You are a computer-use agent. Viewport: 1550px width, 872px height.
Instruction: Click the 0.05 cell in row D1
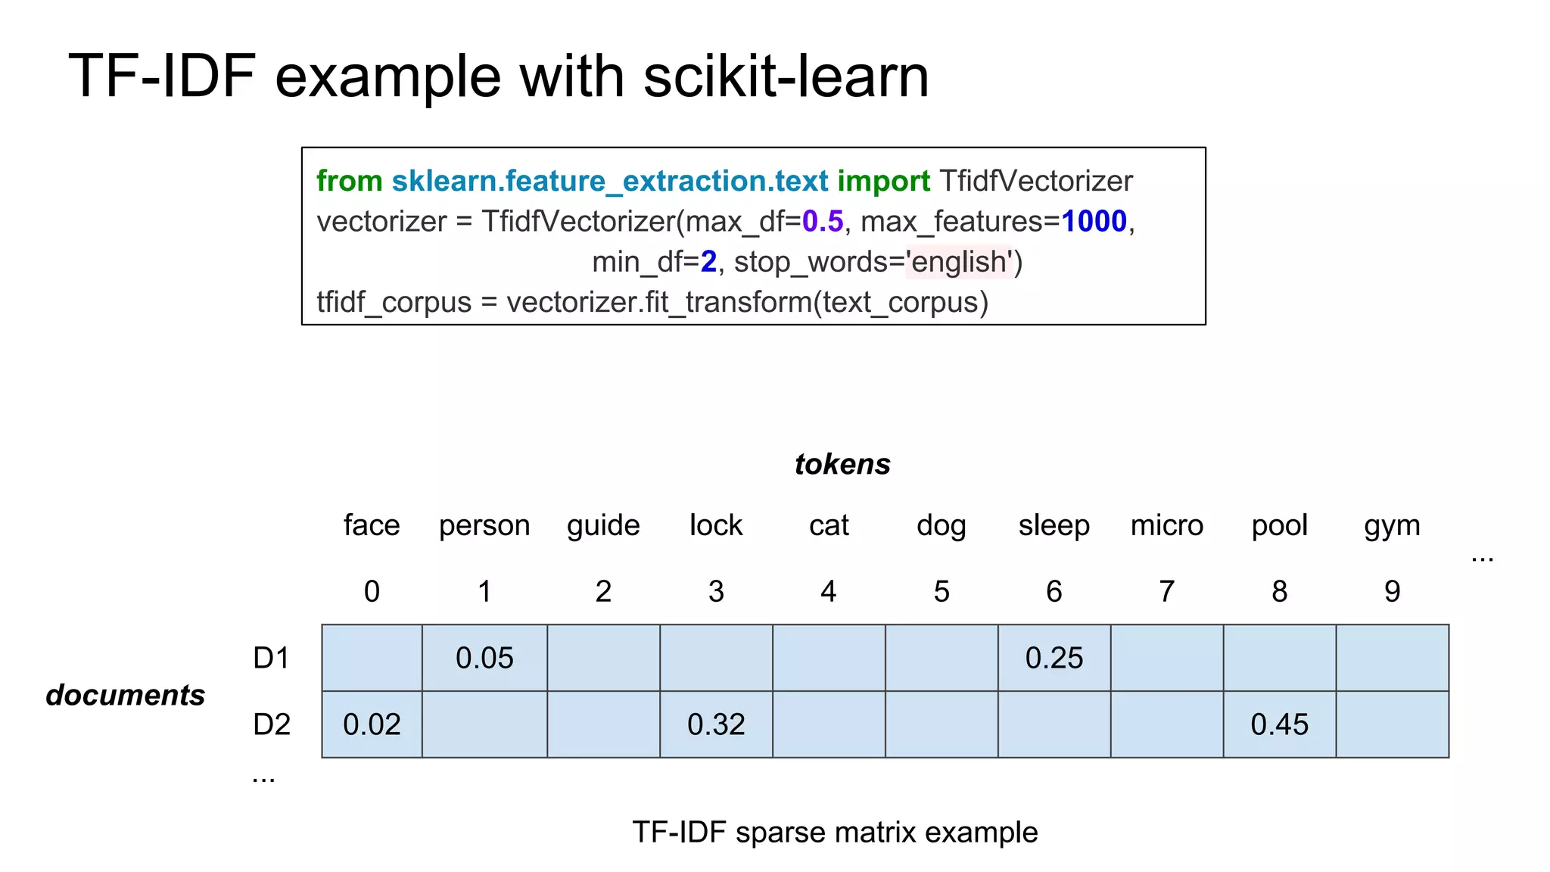pyautogui.click(x=484, y=658)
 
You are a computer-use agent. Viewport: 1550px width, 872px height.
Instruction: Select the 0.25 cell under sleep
pyautogui.click(x=1054, y=658)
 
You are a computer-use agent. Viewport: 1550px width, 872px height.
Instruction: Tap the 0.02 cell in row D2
pyautogui.click(x=372, y=724)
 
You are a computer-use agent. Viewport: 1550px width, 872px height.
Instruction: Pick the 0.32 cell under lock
pyautogui.click(x=716, y=724)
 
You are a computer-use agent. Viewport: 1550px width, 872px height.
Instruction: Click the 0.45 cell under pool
pyautogui.click(x=1279, y=724)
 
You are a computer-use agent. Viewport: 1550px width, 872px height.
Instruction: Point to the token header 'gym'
pyautogui.click(x=1392, y=525)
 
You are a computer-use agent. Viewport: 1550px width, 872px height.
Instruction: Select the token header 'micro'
pyautogui.click(x=1166, y=525)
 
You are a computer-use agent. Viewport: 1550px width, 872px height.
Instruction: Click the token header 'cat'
pyautogui.click(x=829, y=525)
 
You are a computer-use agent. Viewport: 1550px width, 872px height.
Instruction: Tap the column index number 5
pyautogui.click(x=941, y=591)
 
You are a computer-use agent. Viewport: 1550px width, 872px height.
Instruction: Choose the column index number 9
pyautogui.click(x=1392, y=591)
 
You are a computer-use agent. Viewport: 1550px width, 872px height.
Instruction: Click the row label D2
pyautogui.click(x=272, y=724)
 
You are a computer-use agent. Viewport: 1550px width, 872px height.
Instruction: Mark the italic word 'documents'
pyautogui.click(x=126, y=695)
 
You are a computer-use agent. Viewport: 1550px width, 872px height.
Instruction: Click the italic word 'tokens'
pyautogui.click(x=842, y=464)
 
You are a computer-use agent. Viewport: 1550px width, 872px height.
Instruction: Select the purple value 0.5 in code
pyautogui.click(x=822, y=222)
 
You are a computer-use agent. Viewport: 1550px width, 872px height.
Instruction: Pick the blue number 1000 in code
pyautogui.click(x=1094, y=222)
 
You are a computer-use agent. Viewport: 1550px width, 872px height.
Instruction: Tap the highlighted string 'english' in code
pyautogui.click(x=958, y=262)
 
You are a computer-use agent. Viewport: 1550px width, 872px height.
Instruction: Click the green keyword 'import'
pyautogui.click(x=883, y=181)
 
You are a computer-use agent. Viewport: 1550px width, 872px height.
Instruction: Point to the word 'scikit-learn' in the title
pyautogui.click(x=786, y=76)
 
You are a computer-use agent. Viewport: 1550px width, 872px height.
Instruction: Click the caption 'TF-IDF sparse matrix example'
pyautogui.click(x=835, y=832)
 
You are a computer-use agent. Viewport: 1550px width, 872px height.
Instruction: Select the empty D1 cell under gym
pyautogui.click(x=1392, y=658)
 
